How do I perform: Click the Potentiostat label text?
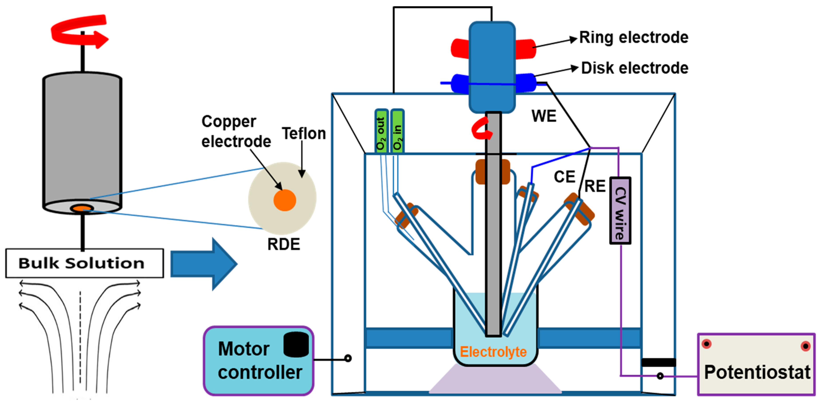757,372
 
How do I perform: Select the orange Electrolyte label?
493,352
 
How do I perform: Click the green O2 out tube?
381,131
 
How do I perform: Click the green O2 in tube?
397,131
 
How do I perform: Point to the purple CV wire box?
620,211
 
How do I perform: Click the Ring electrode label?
634,37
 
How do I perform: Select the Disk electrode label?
635,68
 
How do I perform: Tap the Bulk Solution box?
84,263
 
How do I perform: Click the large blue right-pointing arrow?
204,264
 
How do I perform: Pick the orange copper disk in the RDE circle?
285,200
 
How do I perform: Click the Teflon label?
304,133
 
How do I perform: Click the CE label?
564,177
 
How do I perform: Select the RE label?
595,186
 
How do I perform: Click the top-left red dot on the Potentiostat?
706,344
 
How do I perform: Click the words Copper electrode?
236,131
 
